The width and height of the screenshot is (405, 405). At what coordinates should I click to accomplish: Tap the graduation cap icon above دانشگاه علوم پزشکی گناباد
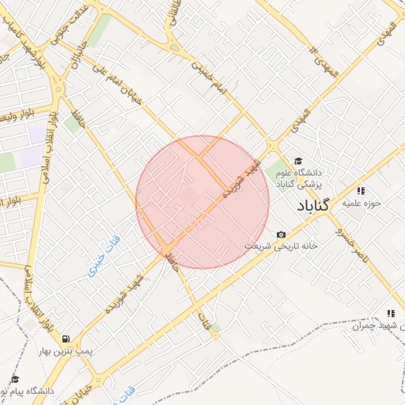coord(298,161)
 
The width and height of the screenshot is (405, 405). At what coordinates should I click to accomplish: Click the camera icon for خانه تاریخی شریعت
coord(282,235)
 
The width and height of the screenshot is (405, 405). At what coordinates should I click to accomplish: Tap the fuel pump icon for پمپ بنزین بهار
coord(65,339)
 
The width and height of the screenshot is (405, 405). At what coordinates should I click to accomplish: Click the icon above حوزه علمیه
coord(361,191)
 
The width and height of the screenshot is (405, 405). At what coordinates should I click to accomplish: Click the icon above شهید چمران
coord(391,314)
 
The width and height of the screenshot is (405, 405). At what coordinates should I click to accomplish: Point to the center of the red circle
coord(202,202)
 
